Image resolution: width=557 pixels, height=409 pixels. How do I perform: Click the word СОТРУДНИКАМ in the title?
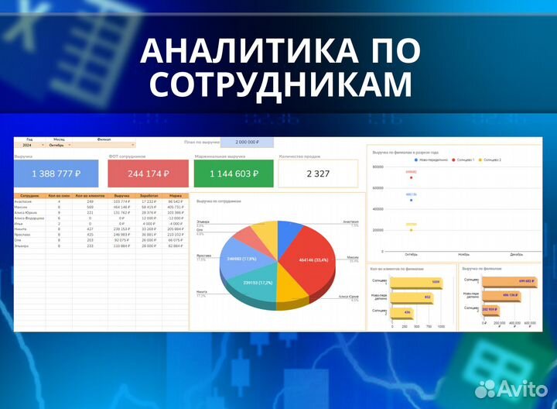tap(278, 84)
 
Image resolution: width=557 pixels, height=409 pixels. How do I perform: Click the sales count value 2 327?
tap(318, 174)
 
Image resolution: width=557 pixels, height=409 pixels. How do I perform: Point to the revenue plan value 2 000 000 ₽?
tap(248, 143)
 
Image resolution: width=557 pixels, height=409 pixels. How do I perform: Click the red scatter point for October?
tap(412, 177)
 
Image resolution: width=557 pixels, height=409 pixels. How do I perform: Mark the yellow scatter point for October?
tap(412, 229)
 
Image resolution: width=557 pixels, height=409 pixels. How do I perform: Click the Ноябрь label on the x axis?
tap(464, 254)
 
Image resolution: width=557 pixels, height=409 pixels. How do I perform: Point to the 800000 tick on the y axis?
tap(378, 167)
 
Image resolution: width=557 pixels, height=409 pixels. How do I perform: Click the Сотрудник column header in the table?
tap(29, 196)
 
